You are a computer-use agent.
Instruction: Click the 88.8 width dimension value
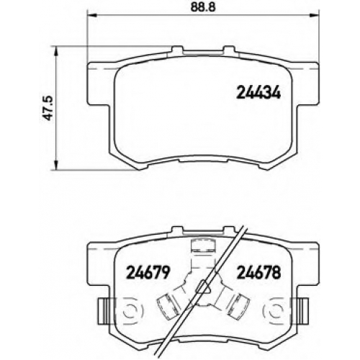(203, 7)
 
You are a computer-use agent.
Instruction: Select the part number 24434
(258, 93)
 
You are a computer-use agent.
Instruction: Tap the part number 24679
(148, 272)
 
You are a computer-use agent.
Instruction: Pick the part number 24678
(258, 272)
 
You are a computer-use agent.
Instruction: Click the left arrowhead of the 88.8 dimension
(91, 16)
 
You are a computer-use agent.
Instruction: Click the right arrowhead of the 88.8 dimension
(315, 16)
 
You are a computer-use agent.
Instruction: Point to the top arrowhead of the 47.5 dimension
(56, 51)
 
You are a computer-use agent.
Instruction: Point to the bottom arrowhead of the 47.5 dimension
(56, 165)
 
